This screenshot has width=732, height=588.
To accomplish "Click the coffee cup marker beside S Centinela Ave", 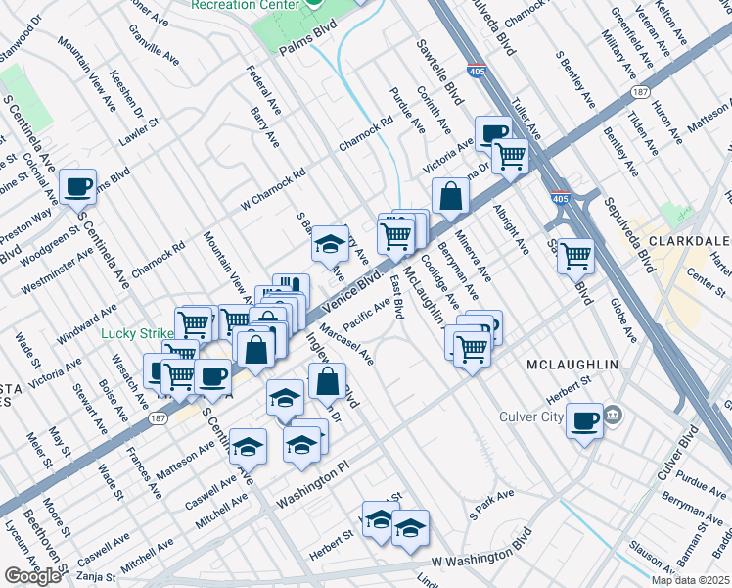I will [x=76, y=185].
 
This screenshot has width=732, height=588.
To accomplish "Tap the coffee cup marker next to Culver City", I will [x=584, y=419].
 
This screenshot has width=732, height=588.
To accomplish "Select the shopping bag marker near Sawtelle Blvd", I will [x=449, y=195].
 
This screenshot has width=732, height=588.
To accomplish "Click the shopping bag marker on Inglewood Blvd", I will [x=329, y=380].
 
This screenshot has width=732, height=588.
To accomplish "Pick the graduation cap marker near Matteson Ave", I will [x=249, y=446].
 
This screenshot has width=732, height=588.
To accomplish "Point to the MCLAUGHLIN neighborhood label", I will [x=572, y=365].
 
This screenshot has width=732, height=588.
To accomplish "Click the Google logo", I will [x=32, y=575].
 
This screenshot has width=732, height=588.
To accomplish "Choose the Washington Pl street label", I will [x=312, y=488].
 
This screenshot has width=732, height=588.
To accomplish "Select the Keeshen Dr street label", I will [x=128, y=89].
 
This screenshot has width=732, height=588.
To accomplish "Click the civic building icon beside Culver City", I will [x=613, y=415].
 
